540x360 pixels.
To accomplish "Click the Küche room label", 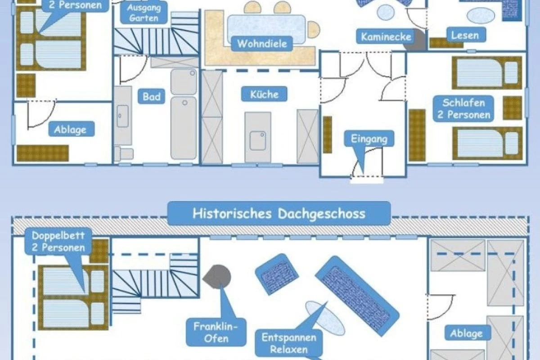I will click(265, 94).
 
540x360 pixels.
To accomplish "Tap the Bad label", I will click(151, 97).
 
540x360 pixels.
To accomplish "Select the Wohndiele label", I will click(261, 44).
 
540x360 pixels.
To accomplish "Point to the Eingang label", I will click(369, 139).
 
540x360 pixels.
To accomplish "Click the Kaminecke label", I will click(386, 36).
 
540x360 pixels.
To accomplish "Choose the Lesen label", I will click(465, 35).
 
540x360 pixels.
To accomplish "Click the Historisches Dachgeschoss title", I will click(279, 213).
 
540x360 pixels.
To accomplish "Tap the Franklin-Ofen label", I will click(216, 332).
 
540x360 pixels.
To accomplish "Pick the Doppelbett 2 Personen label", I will click(58, 241).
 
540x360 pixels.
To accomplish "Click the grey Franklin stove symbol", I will click(217, 276).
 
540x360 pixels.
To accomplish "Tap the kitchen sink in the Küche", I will click(258, 140).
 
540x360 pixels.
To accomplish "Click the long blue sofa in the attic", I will click(357, 295).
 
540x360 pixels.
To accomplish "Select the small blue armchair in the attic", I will click(277, 274).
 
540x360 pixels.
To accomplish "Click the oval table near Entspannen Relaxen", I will click(325, 318).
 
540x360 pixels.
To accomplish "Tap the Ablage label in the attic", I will click(466, 333).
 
